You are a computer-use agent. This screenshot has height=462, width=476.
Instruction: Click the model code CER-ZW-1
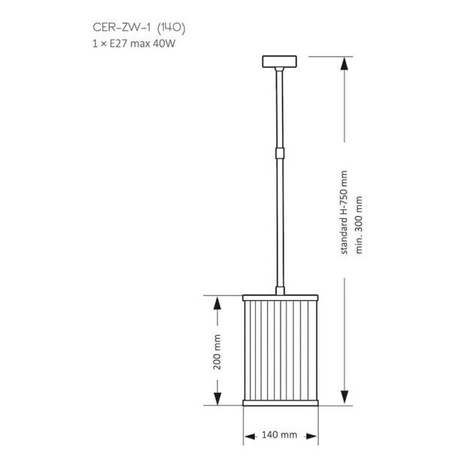121,27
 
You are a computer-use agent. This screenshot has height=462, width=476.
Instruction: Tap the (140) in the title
171,27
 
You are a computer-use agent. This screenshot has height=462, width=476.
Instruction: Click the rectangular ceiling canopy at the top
279,62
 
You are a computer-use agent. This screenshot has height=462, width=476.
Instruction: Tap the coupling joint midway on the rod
280,153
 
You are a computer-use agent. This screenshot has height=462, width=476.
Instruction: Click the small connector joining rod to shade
280,290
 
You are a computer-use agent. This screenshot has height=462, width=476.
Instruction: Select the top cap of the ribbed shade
280,298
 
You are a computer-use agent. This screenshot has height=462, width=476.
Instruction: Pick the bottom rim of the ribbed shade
280,403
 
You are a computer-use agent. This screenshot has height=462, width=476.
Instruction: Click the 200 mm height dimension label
217,352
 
